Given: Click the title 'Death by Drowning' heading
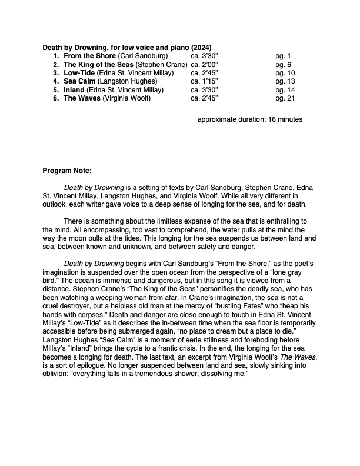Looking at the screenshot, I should click(x=75, y=47).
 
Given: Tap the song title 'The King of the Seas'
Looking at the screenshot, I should click(x=98, y=64).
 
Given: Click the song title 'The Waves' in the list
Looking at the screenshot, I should click(x=82, y=98).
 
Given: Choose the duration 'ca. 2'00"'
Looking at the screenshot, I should click(x=205, y=64).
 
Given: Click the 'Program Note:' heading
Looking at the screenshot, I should click(x=67, y=171).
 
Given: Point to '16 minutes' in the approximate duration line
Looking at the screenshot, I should click(x=285, y=119).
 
